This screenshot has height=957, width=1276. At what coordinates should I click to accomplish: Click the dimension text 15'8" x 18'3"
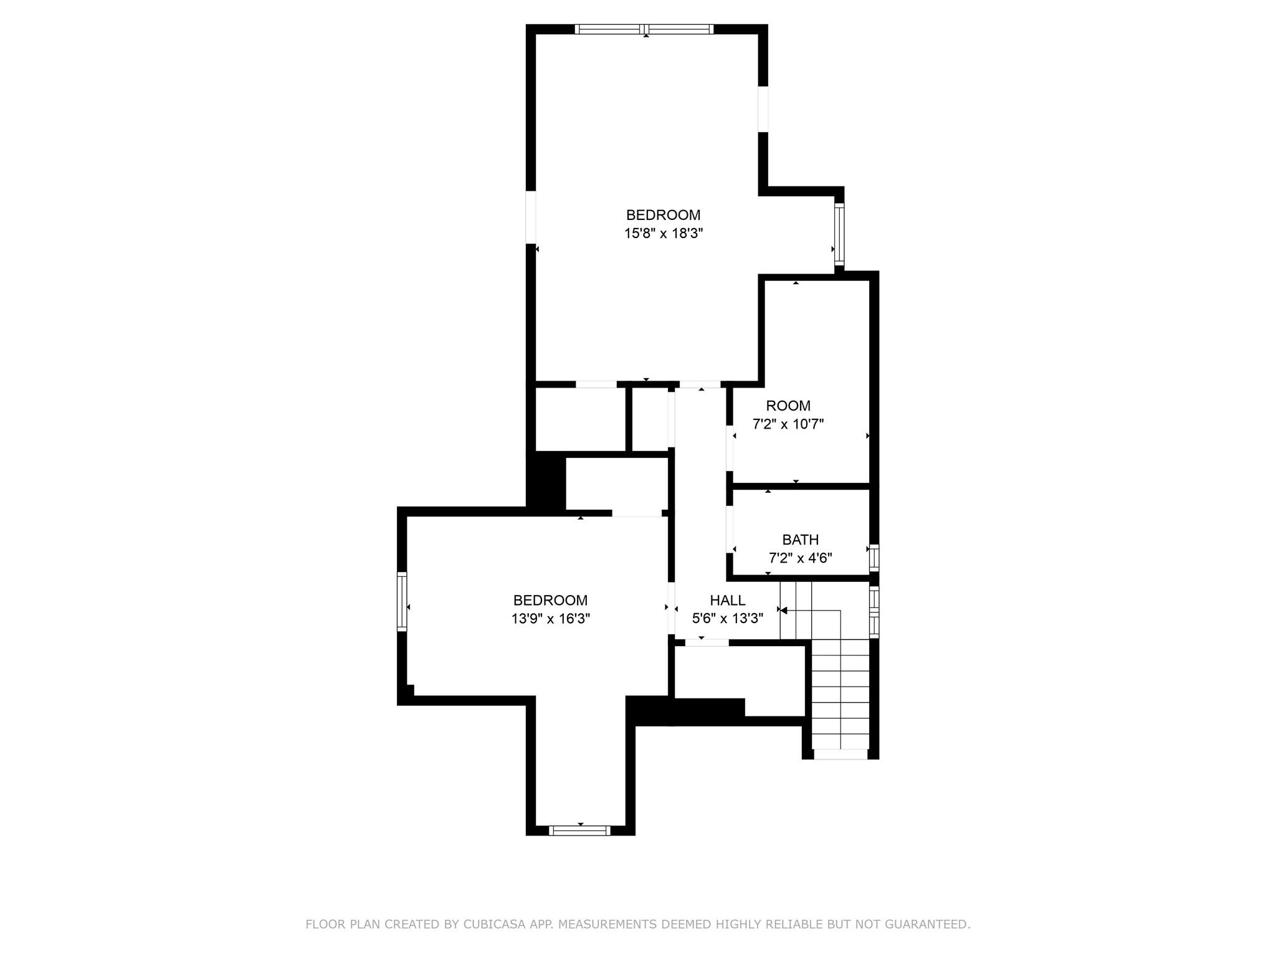(663, 234)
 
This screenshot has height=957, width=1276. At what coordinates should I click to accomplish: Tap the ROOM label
(788, 406)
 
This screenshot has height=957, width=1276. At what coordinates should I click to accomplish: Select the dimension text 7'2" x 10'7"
(788, 424)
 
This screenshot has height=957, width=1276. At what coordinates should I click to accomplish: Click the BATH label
(800, 540)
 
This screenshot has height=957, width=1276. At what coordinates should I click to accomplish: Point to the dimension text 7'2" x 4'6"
(800, 558)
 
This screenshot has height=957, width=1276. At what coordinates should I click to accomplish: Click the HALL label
(727, 600)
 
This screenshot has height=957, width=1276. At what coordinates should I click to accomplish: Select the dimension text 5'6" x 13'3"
(727, 619)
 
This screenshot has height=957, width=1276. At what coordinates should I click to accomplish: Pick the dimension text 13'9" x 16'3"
(550, 619)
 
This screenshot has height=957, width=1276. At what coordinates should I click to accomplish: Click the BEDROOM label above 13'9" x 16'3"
(550, 600)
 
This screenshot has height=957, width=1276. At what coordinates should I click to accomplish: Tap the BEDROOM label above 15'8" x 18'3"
(663, 215)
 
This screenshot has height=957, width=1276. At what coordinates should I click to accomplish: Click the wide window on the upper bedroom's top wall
(644, 29)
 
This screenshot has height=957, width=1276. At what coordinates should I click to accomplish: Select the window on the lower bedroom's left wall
(402, 601)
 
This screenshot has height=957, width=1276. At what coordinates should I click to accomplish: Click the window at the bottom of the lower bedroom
(579, 830)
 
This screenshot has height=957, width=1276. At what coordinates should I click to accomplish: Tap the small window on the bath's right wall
(874, 557)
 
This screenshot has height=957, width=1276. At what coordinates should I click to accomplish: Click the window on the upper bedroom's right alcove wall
(839, 234)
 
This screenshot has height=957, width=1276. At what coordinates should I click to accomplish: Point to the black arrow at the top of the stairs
(784, 611)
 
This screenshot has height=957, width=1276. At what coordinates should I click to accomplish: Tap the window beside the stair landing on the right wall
(874, 612)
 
